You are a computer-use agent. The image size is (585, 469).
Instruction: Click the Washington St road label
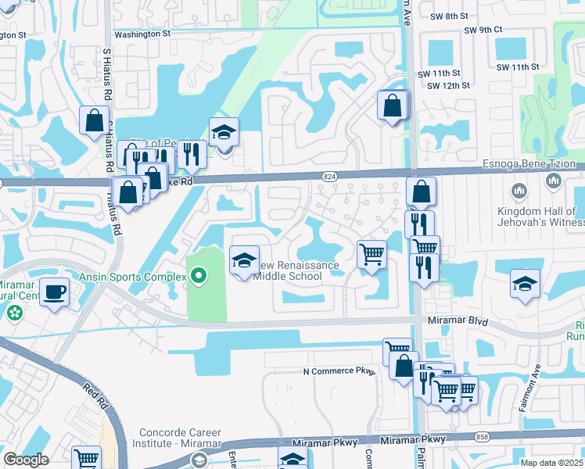click(x=142, y=34)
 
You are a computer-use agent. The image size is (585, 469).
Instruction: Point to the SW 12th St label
click(x=450, y=84)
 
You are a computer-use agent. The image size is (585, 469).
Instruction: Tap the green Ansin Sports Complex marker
click(x=199, y=275)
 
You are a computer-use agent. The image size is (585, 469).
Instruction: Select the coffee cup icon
click(x=54, y=292)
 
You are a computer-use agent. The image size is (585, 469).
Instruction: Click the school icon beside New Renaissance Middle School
click(x=244, y=260)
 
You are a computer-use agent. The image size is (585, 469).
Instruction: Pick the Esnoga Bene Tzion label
click(x=541, y=164)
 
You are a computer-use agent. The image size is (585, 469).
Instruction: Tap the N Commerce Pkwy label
click(x=339, y=371)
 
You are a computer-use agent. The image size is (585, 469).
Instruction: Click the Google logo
click(x=26, y=459)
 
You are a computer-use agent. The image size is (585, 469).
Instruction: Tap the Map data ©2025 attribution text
click(x=551, y=463)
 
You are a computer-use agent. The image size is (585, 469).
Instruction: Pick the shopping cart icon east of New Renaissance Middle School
click(x=371, y=254)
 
